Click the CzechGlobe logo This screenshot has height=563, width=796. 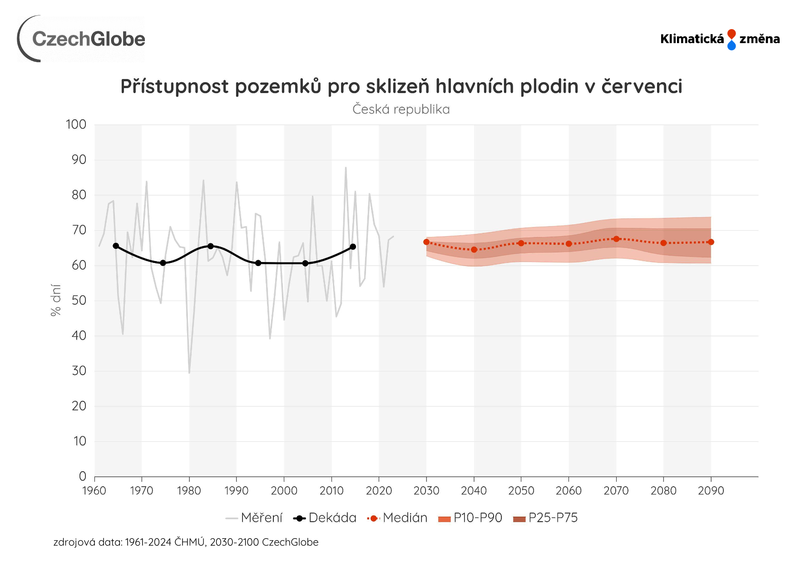coord(82,39)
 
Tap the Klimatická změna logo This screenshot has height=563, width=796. coord(720,39)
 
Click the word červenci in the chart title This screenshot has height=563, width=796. coord(642,86)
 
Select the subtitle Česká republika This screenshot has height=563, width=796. coord(401,109)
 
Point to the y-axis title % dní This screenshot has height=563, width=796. coord(55,300)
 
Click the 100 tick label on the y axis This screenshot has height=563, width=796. coord(76,124)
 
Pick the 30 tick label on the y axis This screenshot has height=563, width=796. coord(79,371)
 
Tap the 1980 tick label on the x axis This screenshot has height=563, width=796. coord(189,491)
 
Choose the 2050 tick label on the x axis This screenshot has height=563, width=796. coord(521,491)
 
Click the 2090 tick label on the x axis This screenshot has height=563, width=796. coord(711,491)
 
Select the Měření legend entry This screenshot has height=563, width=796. coord(254,518)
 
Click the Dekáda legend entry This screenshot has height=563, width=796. coord(325,518)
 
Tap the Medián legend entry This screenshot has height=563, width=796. coord(398,518)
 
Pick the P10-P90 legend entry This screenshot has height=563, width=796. coord(470,518)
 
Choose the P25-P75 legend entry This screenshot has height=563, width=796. coord(545,518)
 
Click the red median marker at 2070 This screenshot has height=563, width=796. coord(616,239)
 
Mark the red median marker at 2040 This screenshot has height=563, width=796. coord(474,250)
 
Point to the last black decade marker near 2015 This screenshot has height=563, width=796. coord(353,247)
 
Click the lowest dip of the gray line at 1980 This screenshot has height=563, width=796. coord(189,373)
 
